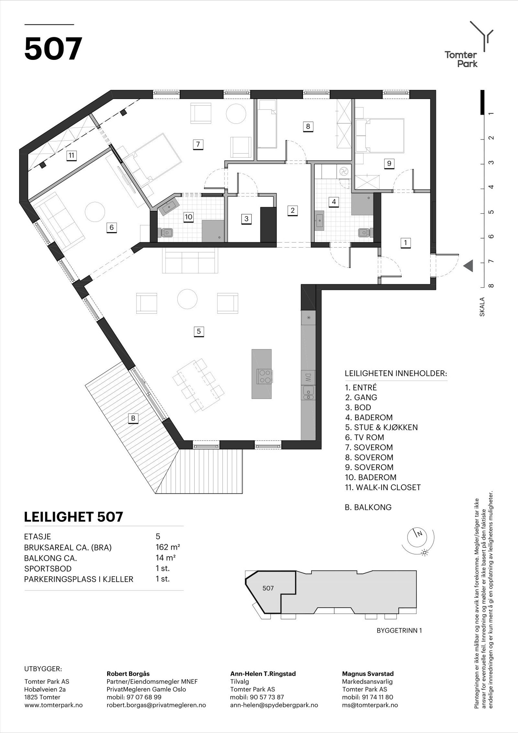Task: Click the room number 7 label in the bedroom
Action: (198, 144)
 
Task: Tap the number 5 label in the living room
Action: (199, 331)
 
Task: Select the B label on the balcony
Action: (133, 418)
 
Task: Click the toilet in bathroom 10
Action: (167, 232)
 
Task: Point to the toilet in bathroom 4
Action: (364, 232)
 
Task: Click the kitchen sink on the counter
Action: (308, 393)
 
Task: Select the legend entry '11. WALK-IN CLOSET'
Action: (383, 496)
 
